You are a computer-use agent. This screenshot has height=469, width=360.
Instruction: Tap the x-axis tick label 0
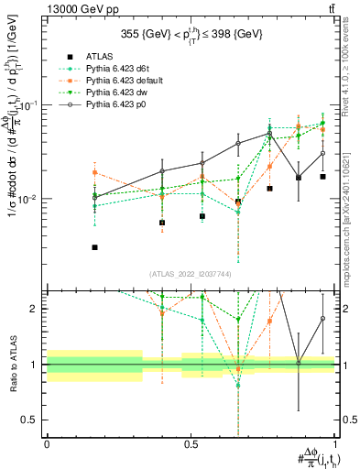47,444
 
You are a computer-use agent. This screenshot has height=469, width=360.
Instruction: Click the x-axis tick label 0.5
191,444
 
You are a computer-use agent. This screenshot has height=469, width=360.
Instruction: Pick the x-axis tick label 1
334,444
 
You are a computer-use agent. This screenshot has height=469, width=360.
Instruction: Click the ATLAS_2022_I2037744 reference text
191,274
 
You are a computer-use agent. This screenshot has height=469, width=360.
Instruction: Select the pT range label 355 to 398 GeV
191,36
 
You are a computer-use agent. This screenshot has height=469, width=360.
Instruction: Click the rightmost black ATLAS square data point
322,177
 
